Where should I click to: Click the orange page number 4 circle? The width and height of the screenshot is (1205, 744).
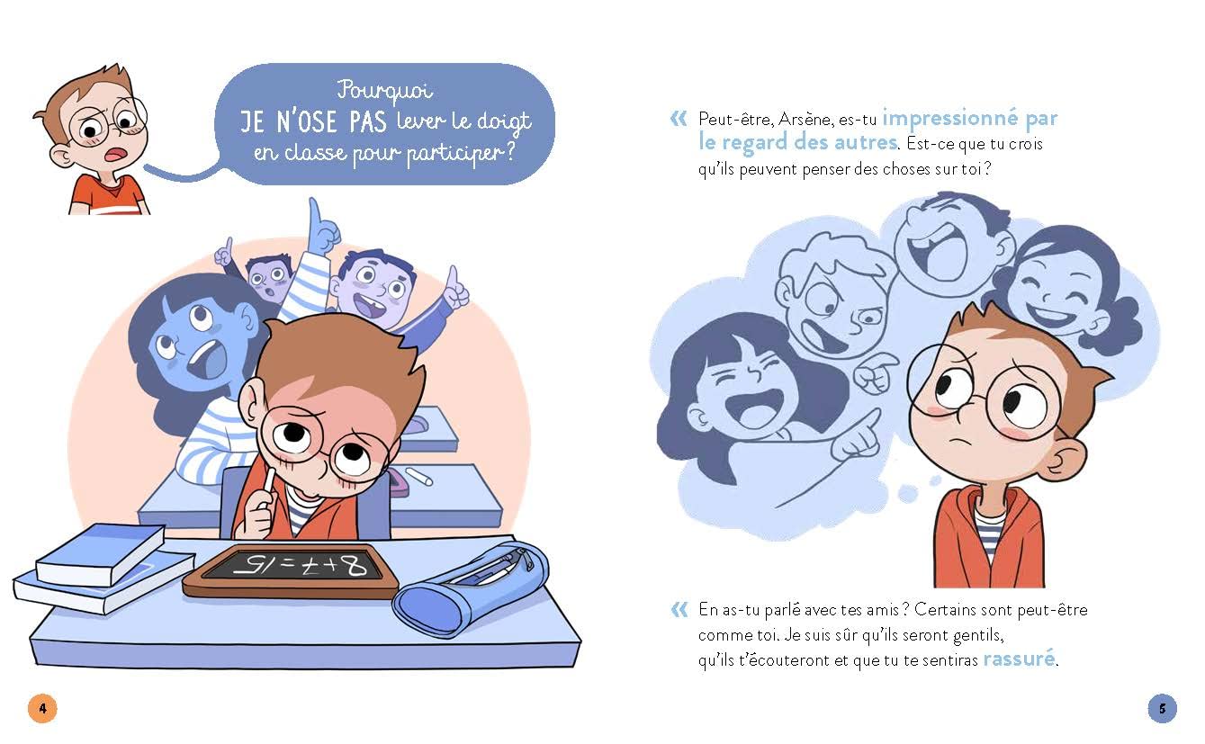(x=42, y=708)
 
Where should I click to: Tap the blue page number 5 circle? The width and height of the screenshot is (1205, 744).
(x=1162, y=708)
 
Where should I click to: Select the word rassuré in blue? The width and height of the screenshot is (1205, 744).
(x=1019, y=659)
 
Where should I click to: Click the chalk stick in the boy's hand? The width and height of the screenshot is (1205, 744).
(x=267, y=485)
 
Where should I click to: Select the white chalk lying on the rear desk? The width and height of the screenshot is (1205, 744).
(x=418, y=476)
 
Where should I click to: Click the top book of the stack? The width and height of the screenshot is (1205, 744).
(x=101, y=554)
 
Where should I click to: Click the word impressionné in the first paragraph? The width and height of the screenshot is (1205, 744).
(x=950, y=118)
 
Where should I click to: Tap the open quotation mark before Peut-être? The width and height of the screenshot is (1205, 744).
(x=679, y=119)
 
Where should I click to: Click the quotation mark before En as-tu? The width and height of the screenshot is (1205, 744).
(x=679, y=610)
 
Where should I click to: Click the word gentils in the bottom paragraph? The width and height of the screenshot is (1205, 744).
(x=978, y=635)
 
